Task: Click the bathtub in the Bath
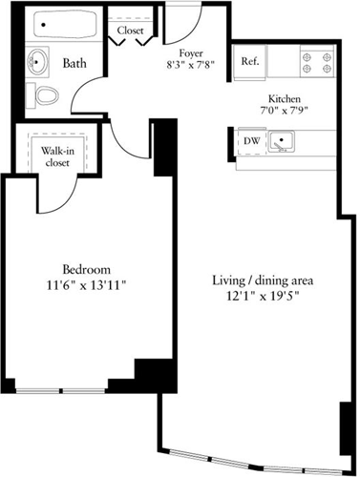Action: click(x=65, y=24)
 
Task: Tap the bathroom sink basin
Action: click(x=37, y=62)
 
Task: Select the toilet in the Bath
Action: click(x=47, y=95)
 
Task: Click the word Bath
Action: click(x=74, y=63)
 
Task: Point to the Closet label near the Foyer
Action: click(x=130, y=31)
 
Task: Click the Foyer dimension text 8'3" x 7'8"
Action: click(x=191, y=65)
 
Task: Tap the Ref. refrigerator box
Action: click(x=249, y=62)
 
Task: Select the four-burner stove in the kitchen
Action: click(x=317, y=62)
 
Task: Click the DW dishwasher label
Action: click(x=252, y=140)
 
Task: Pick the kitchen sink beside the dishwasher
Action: click(x=282, y=141)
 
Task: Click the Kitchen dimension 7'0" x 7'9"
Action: click(x=284, y=111)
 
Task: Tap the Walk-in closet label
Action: click(x=57, y=156)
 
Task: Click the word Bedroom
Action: click(x=87, y=270)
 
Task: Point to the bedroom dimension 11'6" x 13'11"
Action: click(x=87, y=285)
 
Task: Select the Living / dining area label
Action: click(x=263, y=280)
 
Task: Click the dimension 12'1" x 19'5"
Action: click(x=263, y=296)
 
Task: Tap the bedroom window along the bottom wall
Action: click(x=60, y=391)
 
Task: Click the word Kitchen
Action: click(x=285, y=98)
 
